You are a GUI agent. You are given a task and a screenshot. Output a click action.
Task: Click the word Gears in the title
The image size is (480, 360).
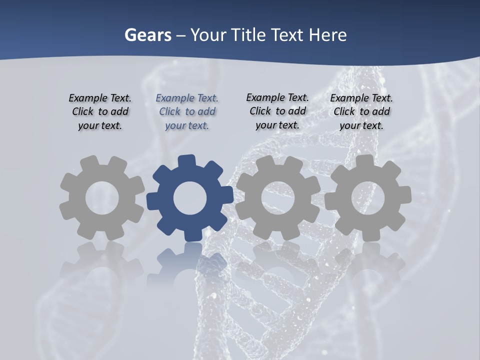point(148,35)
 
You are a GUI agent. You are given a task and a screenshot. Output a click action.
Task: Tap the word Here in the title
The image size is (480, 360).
point(327,35)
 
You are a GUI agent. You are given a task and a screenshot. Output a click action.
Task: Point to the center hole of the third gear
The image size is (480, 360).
point(278,197)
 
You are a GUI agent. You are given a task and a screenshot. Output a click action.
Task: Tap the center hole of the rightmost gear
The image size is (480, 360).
point(367,197)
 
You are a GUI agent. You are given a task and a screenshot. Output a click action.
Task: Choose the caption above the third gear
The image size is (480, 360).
point(277,111)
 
